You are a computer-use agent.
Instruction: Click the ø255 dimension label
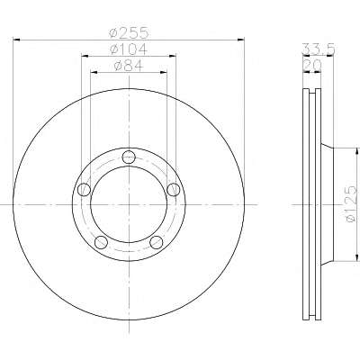(x=129, y=32)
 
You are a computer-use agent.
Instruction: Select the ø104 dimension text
(x=129, y=49)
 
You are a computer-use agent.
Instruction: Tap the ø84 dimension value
(x=129, y=66)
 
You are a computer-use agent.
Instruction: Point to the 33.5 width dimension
(x=318, y=49)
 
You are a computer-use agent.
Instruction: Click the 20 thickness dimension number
(x=312, y=65)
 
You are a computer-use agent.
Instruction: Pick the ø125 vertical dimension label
(x=352, y=204)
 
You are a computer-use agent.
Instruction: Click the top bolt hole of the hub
(x=129, y=157)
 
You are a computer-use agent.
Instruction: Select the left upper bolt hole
(x=84, y=190)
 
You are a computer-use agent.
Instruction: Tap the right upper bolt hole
(x=174, y=190)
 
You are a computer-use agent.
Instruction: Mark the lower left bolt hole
(x=101, y=242)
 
